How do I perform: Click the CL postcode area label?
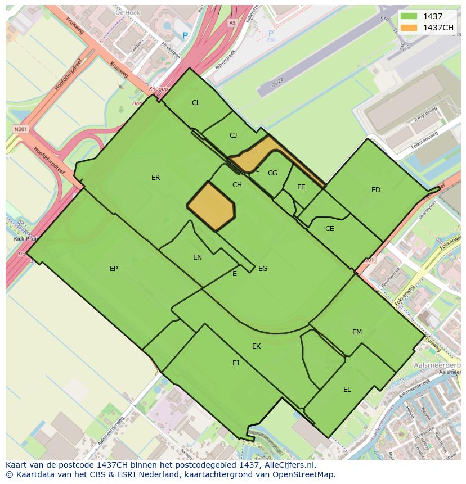coord(196,103)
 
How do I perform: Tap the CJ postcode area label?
coord(234,135)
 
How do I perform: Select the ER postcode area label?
coord(156,178)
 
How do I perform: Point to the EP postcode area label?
coord(114,269)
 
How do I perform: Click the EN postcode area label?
coord(198,257)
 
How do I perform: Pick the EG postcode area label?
coord(263,269)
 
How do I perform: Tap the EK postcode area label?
coord(256,346)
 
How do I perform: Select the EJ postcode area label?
coord(236,363)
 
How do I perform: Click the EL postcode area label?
coord(347,390)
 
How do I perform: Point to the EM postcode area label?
coord(357,332)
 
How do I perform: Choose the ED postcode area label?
coord(376,190)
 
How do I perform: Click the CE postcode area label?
coord(330,229)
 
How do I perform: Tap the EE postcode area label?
coord(301,187)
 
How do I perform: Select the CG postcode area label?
coord(272,173)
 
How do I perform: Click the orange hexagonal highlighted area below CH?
coord(211,206)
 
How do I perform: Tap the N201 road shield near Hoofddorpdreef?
coord(20,129)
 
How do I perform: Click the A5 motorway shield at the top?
coord(232,23)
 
